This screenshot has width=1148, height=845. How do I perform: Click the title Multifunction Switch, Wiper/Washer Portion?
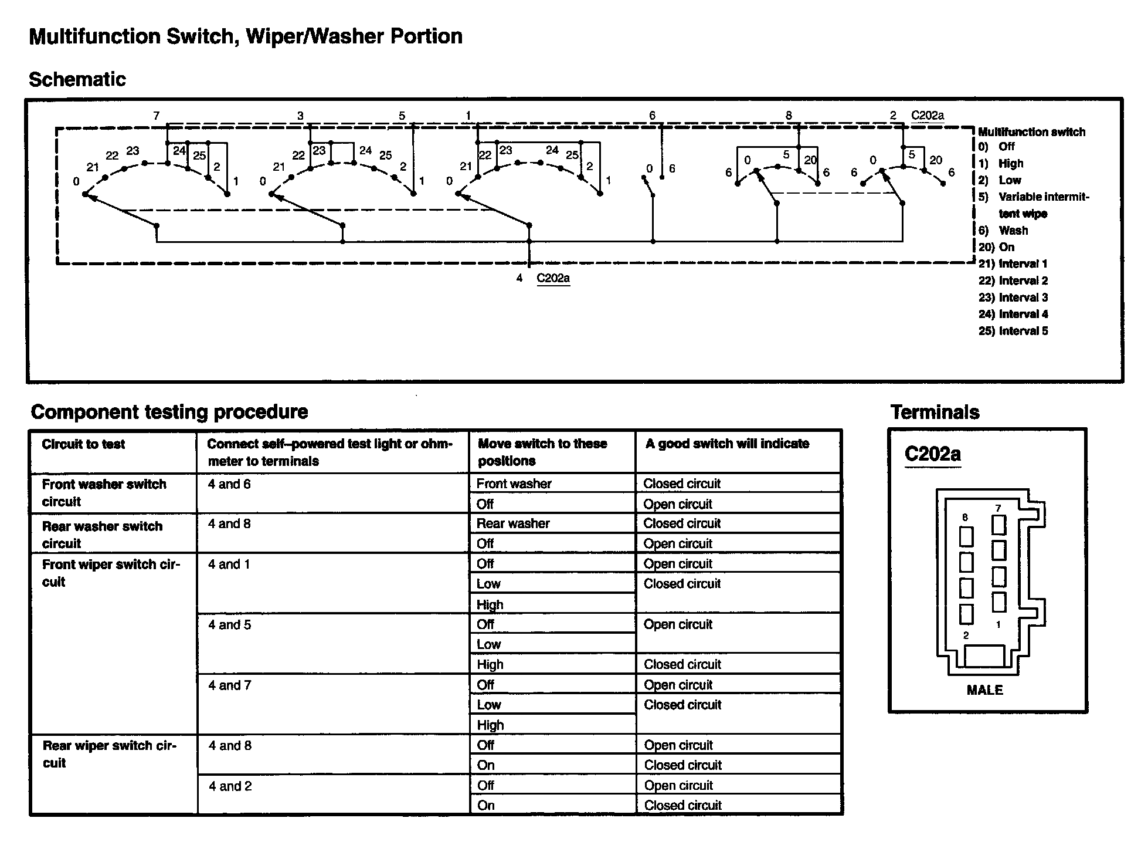pos(246,36)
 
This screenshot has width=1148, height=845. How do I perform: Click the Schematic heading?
pos(77,79)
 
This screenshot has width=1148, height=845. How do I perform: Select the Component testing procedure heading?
pos(169,412)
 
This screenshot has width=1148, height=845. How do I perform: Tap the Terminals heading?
pos(935,412)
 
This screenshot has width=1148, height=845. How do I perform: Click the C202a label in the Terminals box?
pos(932,454)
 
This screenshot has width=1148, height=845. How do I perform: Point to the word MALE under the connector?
pos(984,690)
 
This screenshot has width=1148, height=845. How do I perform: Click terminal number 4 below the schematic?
pos(519,278)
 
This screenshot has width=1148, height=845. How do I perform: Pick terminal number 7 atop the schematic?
pos(156,116)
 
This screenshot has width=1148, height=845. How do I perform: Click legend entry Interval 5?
pos(1013,331)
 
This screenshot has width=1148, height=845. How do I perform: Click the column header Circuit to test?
pos(83,444)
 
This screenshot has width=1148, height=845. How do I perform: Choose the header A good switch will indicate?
pos(727,444)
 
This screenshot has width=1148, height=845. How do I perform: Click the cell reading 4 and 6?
pos(229,484)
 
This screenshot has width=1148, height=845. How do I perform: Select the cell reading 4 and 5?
pos(229,625)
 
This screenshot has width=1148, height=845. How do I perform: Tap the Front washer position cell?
pos(514,484)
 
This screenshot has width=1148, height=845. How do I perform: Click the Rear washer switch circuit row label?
pos(102,534)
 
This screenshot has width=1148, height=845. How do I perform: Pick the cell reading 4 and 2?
pos(230,786)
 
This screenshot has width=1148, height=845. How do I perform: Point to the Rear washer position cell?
pos(513,523)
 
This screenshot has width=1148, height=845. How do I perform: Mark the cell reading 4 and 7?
pos(230,685)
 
